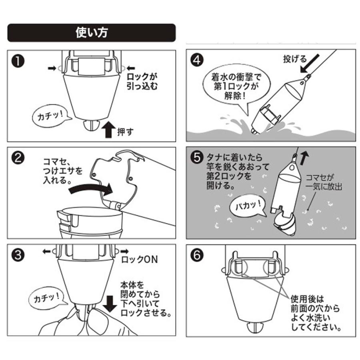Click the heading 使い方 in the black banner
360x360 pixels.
coord(91,32)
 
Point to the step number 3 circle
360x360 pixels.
coord(17,255)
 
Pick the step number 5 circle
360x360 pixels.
coord(196,158)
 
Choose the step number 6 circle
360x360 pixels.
coord(196,255)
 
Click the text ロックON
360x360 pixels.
coord(140,259)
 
